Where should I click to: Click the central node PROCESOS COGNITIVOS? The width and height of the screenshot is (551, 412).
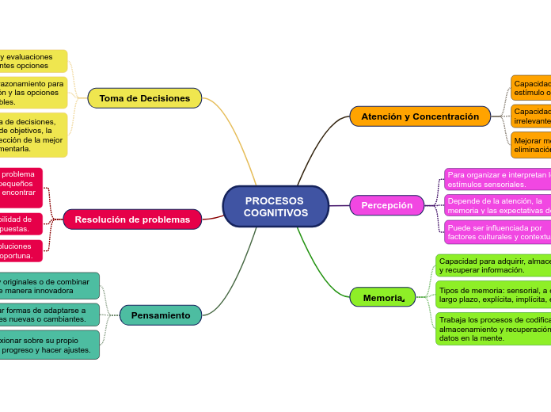[275, 206]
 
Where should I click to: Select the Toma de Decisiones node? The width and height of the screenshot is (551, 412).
[145, 98]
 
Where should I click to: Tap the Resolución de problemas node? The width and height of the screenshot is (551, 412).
[132, 219]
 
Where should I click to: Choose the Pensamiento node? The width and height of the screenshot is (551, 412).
[161, 315]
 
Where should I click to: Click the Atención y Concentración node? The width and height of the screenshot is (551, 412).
[420, 116]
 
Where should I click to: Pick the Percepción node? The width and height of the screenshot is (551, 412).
[387, 205]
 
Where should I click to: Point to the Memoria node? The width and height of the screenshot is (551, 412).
[383, 297]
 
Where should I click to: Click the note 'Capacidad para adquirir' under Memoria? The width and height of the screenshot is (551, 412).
[493, 265]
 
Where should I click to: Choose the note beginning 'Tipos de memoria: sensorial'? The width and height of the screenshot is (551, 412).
[493, 295]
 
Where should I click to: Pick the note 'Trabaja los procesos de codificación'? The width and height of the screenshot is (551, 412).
[493, 329]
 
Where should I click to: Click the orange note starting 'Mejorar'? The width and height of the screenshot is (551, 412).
[530, 145]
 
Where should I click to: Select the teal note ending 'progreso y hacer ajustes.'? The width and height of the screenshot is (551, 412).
[49, 345]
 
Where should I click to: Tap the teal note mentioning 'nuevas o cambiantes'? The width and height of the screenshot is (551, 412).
[49, 315]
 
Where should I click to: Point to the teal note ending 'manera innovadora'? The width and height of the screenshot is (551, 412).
[49, 286]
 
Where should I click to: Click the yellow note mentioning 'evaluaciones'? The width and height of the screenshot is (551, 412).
[32, 61]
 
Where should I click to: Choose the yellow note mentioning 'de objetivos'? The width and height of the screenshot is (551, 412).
[32, 135]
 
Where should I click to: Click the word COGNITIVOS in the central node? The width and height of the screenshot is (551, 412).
[275, 213]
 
